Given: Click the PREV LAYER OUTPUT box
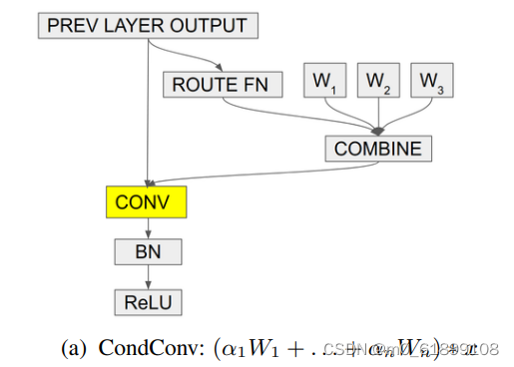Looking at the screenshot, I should point(148,25).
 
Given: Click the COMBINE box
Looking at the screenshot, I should point(378,149).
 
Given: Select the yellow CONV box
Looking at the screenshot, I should point(148,202).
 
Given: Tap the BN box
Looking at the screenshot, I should point(148,251).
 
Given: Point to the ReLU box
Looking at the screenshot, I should point(148,299).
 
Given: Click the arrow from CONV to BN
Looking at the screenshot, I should point(148,228).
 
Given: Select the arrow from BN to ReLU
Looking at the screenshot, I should point(148,276).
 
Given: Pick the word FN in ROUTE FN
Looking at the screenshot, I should point(258,84).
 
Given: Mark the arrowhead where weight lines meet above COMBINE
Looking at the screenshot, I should point(378,131).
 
